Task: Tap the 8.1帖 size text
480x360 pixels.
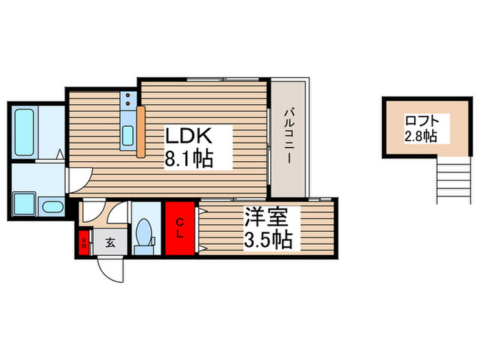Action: tap(187, 159)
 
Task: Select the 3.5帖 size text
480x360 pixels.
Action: tap(268, 240)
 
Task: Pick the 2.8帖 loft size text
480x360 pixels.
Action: tap(420, 136)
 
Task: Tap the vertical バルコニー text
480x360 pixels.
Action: tap(289, 137)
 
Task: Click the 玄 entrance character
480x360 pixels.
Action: tap(110, 241)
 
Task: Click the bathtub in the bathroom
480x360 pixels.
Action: tap(24, 132)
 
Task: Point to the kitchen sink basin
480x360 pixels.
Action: tap(128, 136)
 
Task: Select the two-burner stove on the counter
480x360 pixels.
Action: tap(128, 101)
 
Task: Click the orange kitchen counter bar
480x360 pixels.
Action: tap(141, 132)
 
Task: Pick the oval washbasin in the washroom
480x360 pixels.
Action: tap(50, 206)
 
